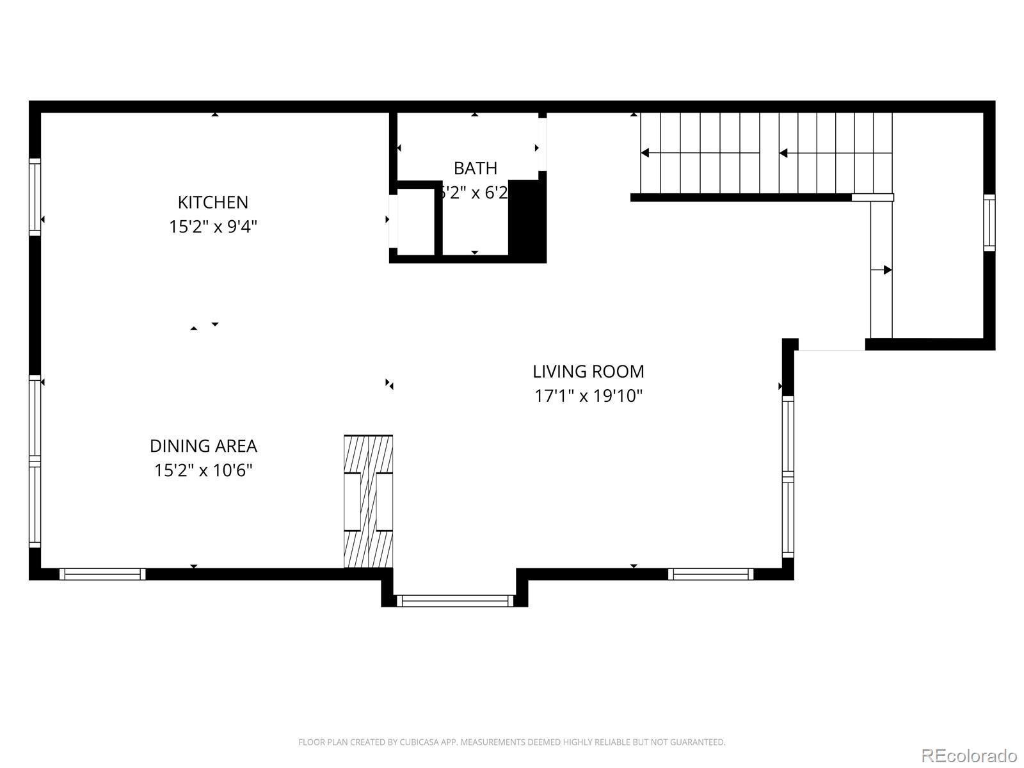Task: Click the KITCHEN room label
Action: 212,202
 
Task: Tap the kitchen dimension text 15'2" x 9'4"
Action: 212,227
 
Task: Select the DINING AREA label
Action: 204,446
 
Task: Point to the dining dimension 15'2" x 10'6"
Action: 204,470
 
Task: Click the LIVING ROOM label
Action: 588,371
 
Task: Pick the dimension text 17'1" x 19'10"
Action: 588,396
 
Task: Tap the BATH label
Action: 475,168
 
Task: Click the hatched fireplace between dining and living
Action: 368,501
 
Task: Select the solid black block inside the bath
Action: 527,218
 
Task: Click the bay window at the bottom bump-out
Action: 455,601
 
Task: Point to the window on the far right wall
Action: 989,222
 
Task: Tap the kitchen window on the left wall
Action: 35,196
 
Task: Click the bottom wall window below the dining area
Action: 102,574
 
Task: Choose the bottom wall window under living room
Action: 710,574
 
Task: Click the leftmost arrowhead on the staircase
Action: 645,153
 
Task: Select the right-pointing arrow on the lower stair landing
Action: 887,270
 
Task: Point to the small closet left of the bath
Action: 415,221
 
